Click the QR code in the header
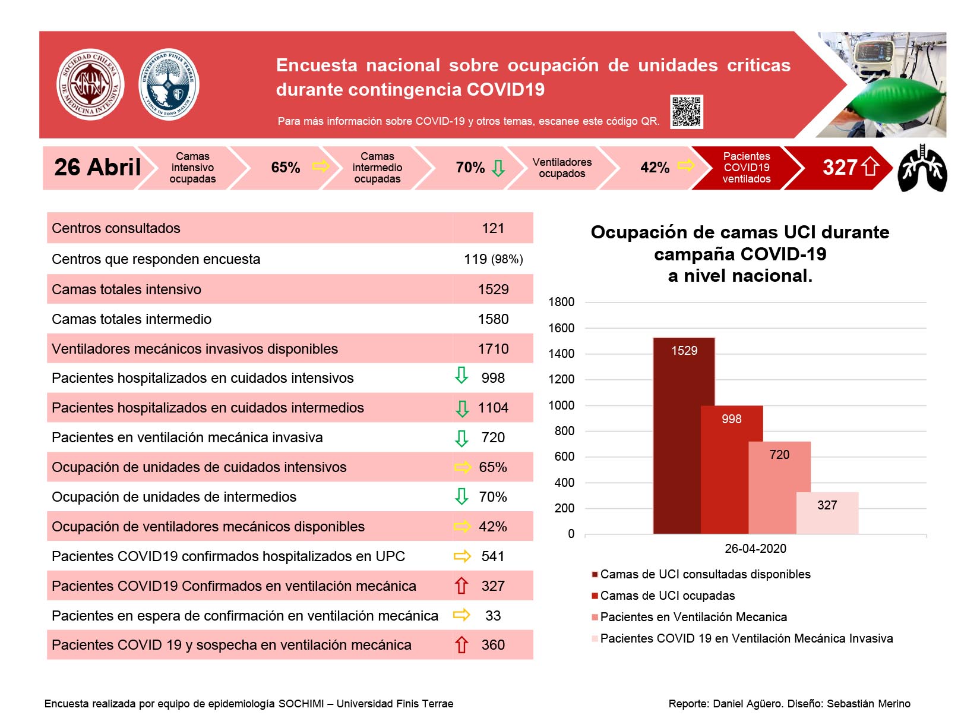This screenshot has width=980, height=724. tap(686, 111)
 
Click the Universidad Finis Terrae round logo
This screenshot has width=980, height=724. tap(169, 84)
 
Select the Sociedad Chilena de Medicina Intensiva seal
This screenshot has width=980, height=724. tap(90, 84)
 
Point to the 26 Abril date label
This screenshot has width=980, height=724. tap(97, 167)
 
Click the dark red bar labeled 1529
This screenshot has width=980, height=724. tap(684, 435)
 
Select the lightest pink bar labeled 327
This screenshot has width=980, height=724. tap(827, 512)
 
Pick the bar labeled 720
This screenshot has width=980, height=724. tap(779, 487)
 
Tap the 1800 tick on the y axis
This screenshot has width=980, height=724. tap(561, 302)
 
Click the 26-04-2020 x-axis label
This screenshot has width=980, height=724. tap(755, 549)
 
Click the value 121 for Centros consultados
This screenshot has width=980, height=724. tap(492, 228)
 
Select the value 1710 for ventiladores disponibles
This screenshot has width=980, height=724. tap(493, 348)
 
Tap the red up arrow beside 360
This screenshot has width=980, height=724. tap(461, 644)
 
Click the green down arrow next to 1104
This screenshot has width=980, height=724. tap(461, 408)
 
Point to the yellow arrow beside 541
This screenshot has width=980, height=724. tap(461, 556)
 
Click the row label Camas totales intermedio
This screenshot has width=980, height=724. tap(132, 319)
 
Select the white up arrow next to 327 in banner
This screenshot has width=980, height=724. tap(870, 167)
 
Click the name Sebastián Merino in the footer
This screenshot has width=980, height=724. tap(868, 703)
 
